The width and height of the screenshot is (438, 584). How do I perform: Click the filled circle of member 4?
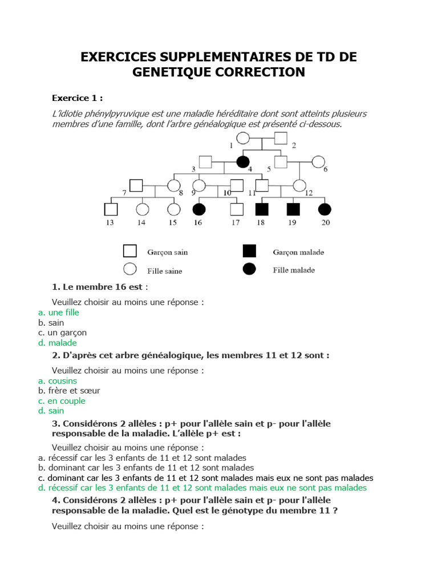[243, 162]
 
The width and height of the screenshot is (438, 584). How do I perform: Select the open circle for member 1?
[244, 138]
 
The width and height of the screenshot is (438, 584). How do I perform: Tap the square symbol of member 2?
[281, 138]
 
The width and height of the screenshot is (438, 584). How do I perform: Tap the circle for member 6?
[318, 162]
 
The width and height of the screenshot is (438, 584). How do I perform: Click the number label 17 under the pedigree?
[235, 223]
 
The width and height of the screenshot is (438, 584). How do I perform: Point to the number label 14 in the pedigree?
[141, 223]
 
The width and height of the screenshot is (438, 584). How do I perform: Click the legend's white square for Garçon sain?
[130, 252]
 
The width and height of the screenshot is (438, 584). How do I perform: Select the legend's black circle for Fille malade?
[249, 269]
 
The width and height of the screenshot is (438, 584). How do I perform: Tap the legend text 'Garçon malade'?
[298, 252]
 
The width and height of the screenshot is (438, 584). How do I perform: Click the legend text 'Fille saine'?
[165, 271]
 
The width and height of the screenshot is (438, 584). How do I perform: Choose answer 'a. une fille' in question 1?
[59, 313]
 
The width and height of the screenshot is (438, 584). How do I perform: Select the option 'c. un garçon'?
[63, 332]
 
